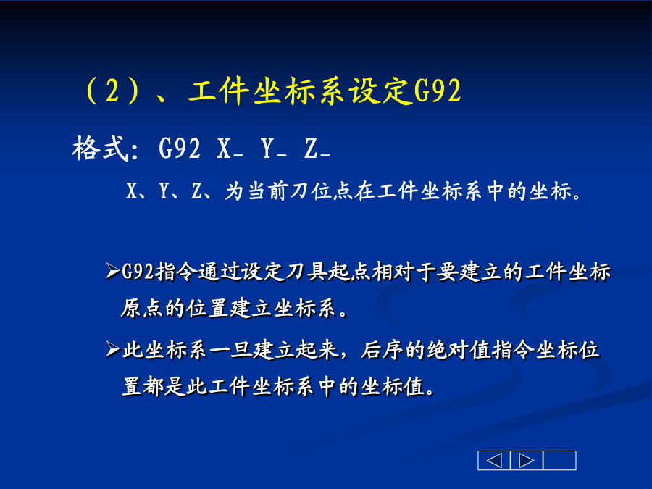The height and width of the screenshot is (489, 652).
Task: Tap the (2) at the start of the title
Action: point(112,91)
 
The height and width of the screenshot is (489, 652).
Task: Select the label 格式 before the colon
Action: point(100,149)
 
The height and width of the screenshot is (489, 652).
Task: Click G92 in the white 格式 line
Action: point(179,148)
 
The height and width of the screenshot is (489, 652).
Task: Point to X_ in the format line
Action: point(230,149)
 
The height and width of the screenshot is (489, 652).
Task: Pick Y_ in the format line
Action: point(274,149)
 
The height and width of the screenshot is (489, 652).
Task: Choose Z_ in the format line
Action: point(317,149)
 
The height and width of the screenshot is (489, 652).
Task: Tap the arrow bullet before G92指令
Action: point(113,271)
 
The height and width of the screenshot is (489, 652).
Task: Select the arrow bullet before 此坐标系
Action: point(113,349)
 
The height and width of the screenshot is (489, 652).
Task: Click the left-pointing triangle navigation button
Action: point(494,460)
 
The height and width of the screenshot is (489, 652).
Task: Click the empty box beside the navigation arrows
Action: point(560,460)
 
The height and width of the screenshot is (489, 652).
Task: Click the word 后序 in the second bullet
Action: point(383,350)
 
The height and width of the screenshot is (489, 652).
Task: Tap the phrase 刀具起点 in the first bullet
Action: point(328,272)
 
